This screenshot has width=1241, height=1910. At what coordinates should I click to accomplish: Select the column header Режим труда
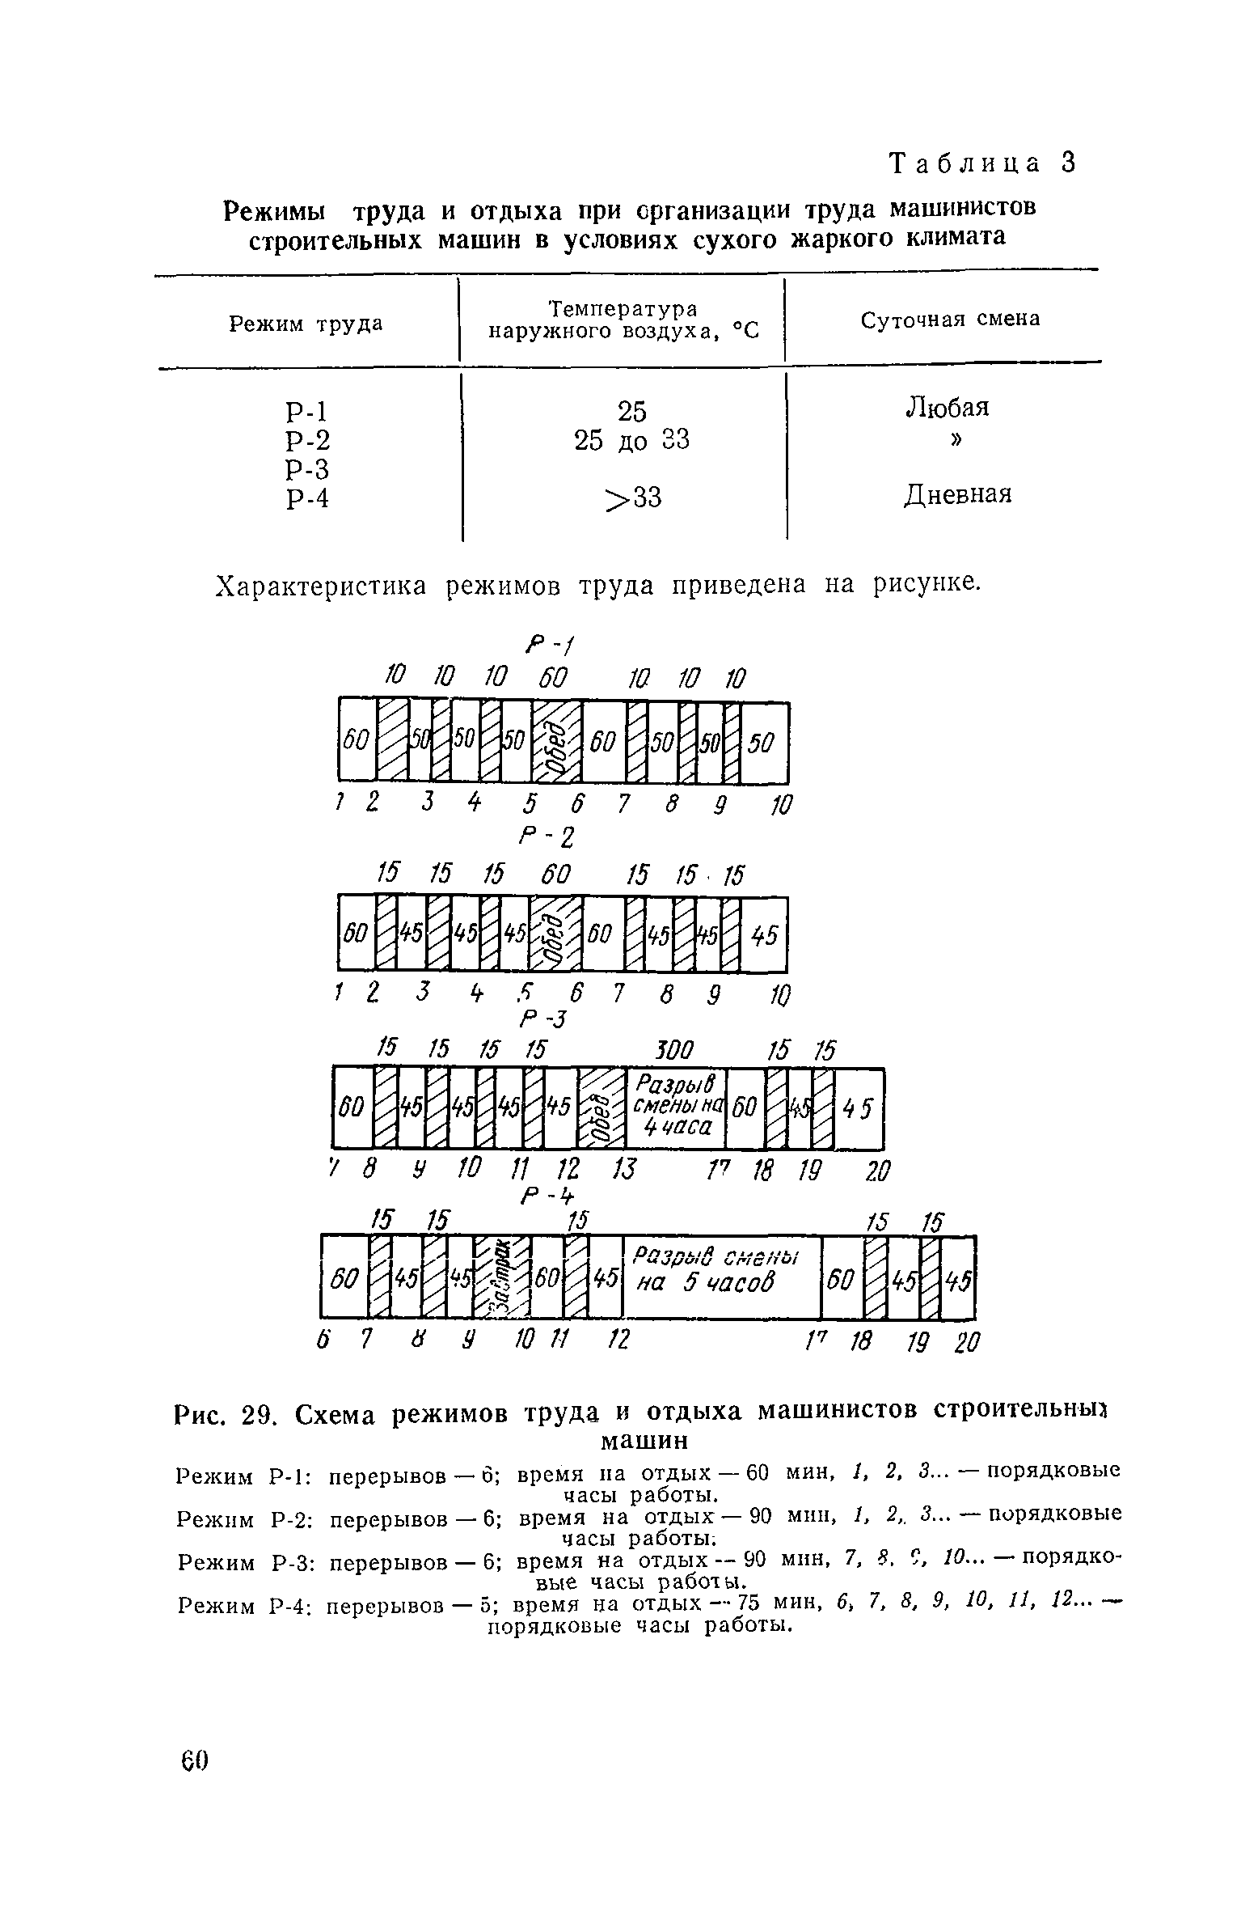point(306,324)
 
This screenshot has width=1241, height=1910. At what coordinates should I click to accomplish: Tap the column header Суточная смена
point(950,320)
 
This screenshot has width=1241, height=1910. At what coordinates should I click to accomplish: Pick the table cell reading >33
point(634,498)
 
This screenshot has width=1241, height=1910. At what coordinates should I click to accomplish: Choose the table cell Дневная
point(957,493)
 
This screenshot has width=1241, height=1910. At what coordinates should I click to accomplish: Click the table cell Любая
point(947,407)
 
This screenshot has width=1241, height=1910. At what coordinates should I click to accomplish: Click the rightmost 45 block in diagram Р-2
point(763,935)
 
